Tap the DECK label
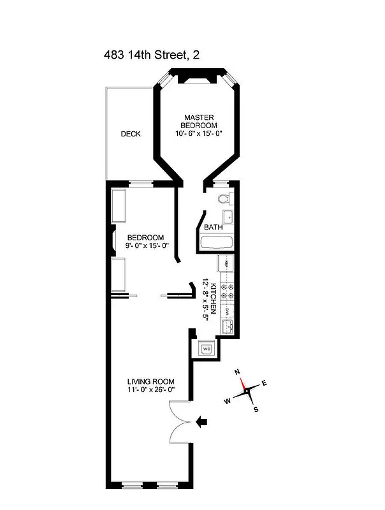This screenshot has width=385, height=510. click(x=131, y=134)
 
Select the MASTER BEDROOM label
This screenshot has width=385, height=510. click(x=198, y=121)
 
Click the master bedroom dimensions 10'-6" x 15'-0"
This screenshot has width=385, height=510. click(x=198, y=134)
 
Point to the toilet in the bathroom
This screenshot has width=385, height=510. click(x=224, y=199)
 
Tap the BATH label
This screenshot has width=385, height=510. click(x=213, y=227)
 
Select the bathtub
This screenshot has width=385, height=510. click(x=216, y=242)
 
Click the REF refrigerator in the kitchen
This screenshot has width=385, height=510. click(x=226, y=263)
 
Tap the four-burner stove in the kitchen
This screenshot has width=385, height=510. click(x=226, y=291)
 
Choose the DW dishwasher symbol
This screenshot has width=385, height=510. click(x=226, y=312)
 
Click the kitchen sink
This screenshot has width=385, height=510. click(x=227, y=328)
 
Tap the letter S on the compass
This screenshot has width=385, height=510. click(x=256, y=410)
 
